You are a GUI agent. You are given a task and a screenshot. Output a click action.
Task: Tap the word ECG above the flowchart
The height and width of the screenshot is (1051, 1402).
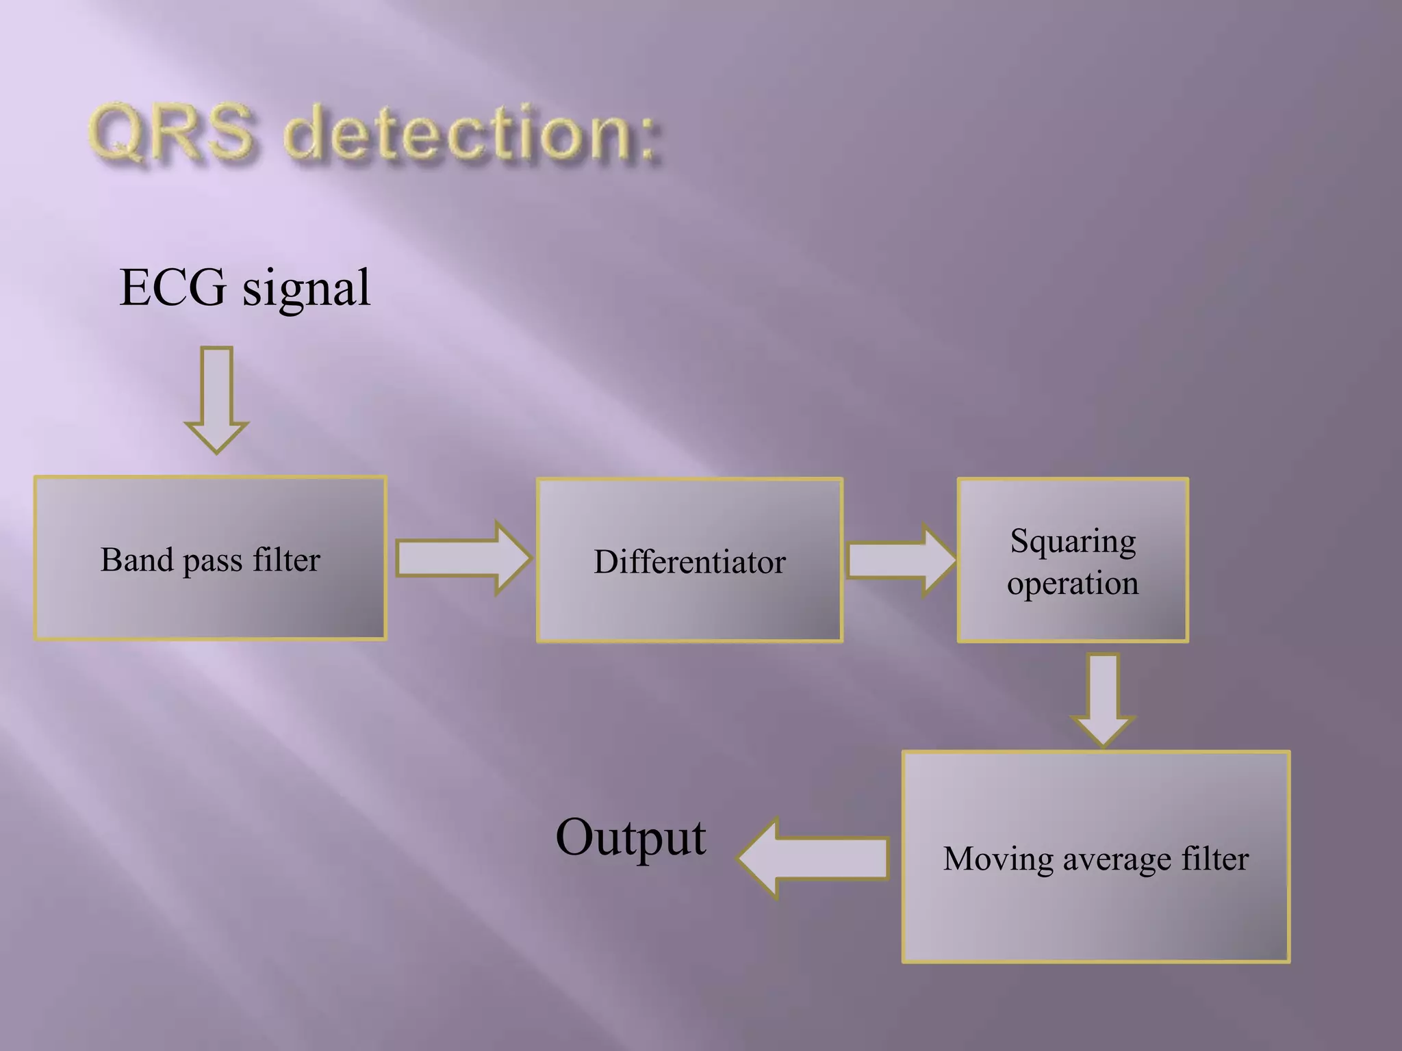coord(173,287)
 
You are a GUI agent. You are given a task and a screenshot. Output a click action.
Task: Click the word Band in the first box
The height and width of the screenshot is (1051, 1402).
coord(137,560)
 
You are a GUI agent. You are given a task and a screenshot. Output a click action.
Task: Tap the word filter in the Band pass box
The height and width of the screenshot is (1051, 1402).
coord(286,560)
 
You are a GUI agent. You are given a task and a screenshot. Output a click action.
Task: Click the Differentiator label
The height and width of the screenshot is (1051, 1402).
coord(689,562)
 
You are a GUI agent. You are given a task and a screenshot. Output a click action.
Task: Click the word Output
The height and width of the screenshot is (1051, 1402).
coord(630,838)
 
